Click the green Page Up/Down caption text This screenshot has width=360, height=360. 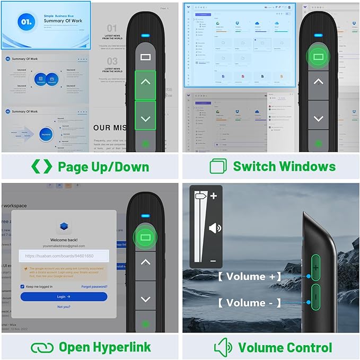tap(103, 166)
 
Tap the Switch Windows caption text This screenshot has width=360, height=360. tap(284, 166)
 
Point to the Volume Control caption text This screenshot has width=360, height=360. tap(285, 348)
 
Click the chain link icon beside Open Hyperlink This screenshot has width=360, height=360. tap(42, 348)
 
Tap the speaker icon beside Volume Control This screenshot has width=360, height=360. tap(223, 348)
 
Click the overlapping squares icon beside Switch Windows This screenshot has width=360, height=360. tap(218, 166)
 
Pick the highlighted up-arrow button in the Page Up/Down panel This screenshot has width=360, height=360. tap(145, 85)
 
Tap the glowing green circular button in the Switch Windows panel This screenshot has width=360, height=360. tap(318, 56)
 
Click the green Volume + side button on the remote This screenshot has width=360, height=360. tap(315, 267)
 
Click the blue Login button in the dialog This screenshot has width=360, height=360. tap(64, 297)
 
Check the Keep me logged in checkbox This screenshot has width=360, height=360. tap(22, 286)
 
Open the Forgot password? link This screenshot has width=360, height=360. tap(94, 286)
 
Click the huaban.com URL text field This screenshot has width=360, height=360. tap(64, 256)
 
